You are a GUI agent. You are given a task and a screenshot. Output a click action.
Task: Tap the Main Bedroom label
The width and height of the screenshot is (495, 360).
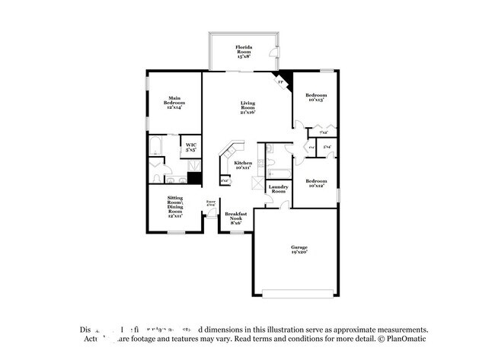pos(174,104)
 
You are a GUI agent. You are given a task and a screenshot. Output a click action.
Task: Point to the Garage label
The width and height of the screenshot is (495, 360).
pos(299,250)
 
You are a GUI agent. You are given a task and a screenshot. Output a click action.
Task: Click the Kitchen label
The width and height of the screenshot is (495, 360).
pos(243,166)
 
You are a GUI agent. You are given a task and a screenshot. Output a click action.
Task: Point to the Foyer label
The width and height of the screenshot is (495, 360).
pos(211,202)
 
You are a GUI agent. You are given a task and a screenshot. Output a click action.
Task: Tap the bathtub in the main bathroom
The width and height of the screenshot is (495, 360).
pos(157,145)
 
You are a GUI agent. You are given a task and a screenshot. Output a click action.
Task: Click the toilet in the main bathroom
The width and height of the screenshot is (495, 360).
pos(155,166)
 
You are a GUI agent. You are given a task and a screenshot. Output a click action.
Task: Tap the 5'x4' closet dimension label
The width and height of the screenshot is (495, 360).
pos(327,146)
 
